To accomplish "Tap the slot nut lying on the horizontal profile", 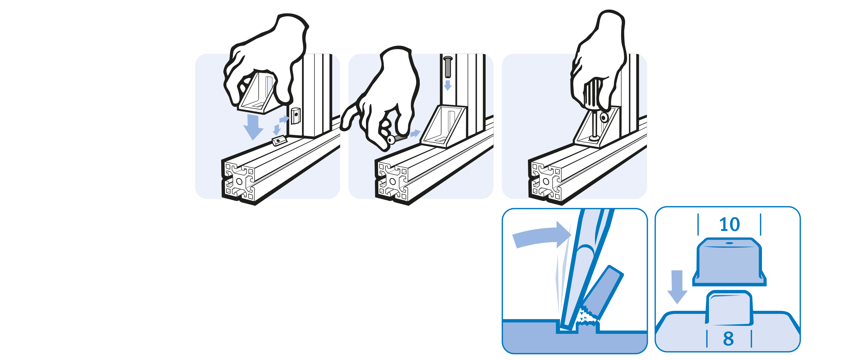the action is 279,141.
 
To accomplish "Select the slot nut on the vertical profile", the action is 296,115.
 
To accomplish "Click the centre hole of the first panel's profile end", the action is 239,181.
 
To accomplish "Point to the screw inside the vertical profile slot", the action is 448,67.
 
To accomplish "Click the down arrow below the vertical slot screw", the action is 448,85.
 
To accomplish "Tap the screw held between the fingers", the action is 397,139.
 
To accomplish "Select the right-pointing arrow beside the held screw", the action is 415,133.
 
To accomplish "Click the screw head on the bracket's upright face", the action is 604,118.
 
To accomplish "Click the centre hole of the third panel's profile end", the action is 546,181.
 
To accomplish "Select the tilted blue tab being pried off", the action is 602,292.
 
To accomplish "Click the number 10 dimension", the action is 729,224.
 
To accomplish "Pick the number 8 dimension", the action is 729,339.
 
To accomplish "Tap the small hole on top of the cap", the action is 729,243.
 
